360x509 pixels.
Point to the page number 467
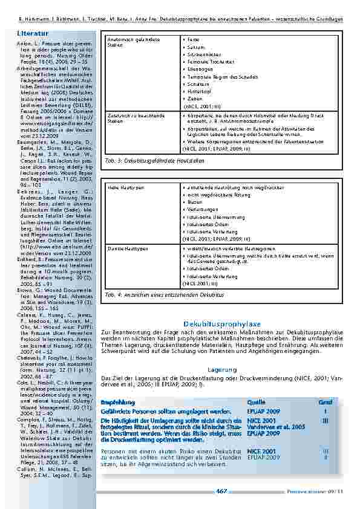pyautogui.click(x=221, y=491)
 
